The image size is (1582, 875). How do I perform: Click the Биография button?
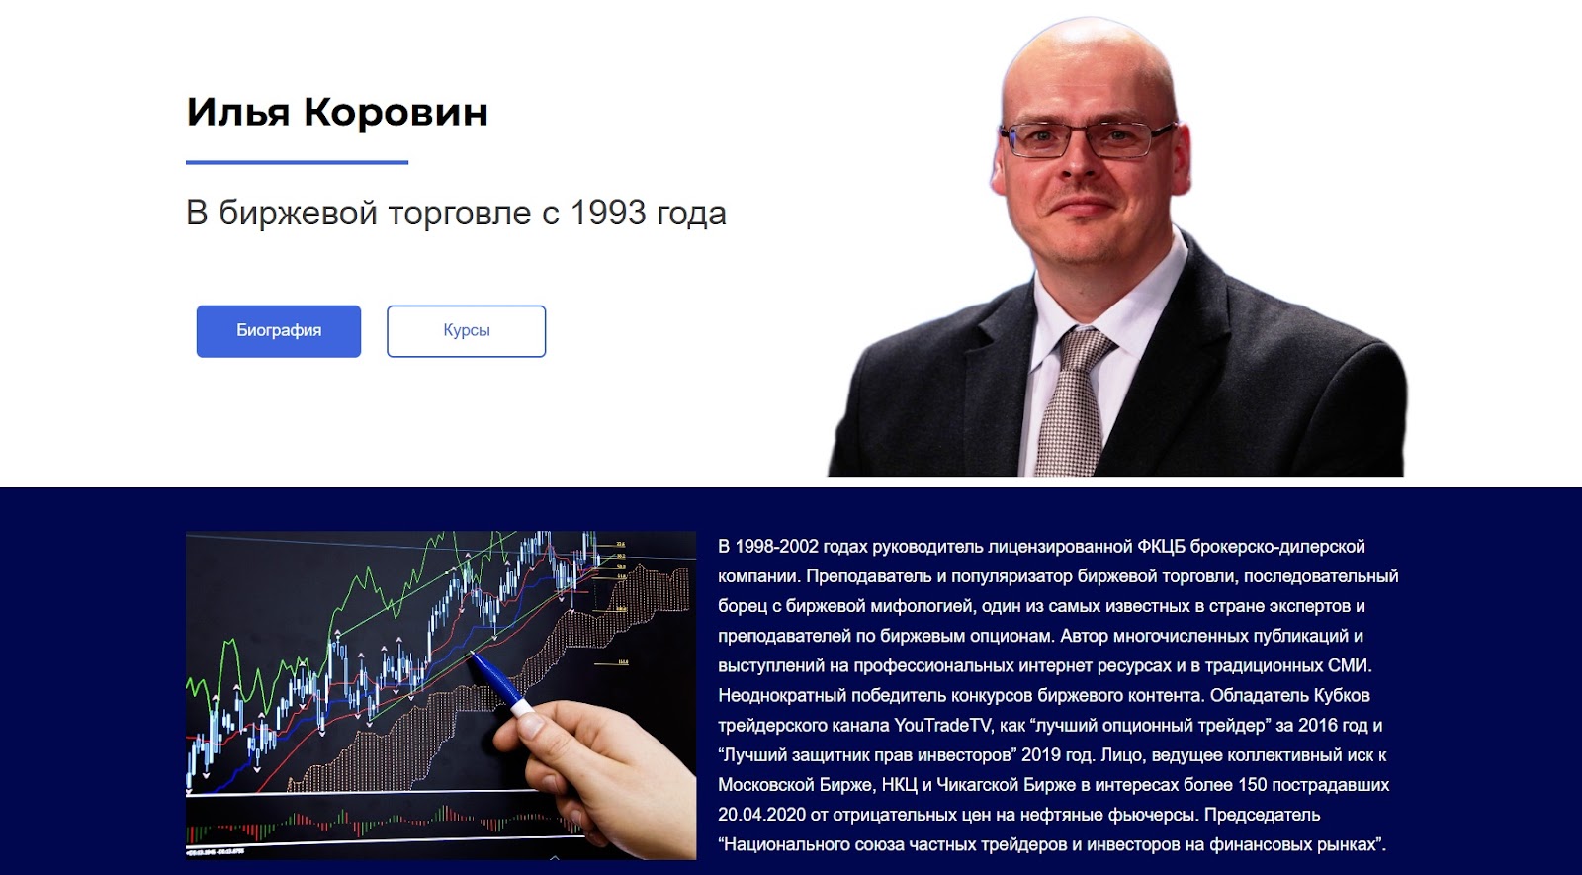(x=278, y=330)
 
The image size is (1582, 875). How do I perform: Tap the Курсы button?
(x=466, y=330)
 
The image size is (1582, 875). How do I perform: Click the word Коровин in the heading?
(x=395, y=112)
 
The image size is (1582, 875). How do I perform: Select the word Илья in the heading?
(x=238, y=112)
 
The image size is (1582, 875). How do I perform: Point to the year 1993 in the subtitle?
(x=607, y=213)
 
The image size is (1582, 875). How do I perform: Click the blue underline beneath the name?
(x=297, y=162)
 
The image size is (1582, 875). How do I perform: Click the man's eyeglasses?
(x=1087, y=139)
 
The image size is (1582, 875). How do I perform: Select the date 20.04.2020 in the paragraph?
(x=761, y=815)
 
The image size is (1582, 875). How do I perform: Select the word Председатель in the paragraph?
(x=1262, y=815)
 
